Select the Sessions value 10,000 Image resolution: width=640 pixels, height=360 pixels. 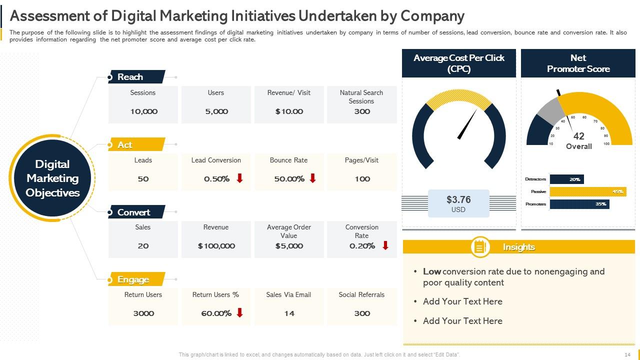tap(143, 111)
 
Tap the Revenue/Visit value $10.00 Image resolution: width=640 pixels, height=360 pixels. tap(289, 111)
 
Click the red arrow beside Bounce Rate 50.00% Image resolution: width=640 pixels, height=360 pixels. tap(313, 178)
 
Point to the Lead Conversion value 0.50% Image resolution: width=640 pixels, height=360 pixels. tap(216, 179)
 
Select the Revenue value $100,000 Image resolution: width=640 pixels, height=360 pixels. tap(216, 246)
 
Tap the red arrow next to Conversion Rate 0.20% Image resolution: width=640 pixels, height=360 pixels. tap(385, 245)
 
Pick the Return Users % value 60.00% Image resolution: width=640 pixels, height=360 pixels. tap(216, 313)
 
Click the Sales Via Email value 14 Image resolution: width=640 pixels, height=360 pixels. tap(289, 313)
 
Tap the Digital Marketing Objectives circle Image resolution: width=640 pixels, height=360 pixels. tap(52, 178)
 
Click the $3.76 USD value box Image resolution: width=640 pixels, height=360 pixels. tap(458, 203)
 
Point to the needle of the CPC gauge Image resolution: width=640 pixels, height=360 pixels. tap(468, 124)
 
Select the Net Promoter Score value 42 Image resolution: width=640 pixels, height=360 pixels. tap(578, 136)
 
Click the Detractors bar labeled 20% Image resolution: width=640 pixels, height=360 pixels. tap(566, 179)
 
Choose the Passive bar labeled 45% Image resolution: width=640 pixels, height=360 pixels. tap(587, 191)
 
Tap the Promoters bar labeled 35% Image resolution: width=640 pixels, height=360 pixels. tap(579, 204)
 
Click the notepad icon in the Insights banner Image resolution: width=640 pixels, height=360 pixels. tap(480, 247)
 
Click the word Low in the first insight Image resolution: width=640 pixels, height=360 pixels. tap(431, 271)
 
